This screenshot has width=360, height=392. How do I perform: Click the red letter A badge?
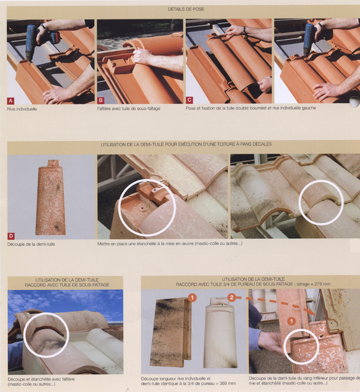11,101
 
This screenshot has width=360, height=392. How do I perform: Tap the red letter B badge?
101,101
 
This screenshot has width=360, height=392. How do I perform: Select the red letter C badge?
189,100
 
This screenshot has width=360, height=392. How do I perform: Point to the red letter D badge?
11,236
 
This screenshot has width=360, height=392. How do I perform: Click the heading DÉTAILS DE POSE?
186,9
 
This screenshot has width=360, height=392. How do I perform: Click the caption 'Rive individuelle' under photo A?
22,109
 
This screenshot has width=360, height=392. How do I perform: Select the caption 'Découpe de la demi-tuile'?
31,244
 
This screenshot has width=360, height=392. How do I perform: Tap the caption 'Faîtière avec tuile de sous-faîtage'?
129,109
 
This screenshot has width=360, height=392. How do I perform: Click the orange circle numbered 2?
232,297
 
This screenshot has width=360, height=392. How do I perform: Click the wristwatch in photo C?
244,30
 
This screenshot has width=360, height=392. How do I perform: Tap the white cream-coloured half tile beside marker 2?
220,333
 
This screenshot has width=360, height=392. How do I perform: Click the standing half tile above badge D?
51,197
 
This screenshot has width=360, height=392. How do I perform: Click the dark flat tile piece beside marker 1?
171,332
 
